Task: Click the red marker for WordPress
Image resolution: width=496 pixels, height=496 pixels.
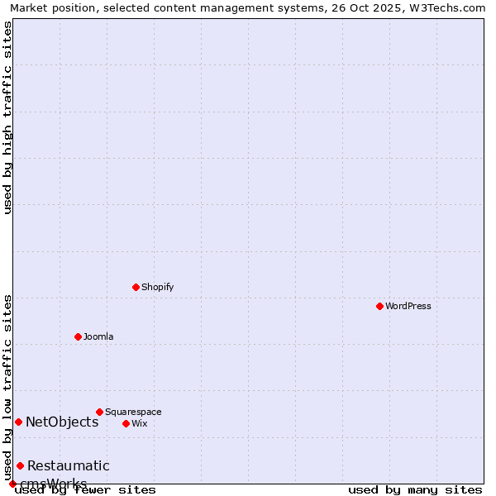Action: tap(379, 306)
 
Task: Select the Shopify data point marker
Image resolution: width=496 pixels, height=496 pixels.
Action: tap(136, 287)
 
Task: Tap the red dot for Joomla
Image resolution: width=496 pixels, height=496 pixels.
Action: tap(78, 336)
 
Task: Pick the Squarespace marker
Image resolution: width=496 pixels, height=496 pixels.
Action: tap(99, 412)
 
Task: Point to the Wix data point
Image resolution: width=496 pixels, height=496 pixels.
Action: tap(126, 423)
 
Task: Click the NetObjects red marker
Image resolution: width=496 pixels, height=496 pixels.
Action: tap(18, 422)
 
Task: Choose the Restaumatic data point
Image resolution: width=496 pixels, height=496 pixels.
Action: tap(20, 465)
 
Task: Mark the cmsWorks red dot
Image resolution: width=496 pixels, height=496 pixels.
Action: tap(12, 484)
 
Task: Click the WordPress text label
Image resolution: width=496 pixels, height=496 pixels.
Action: tap(408, 306)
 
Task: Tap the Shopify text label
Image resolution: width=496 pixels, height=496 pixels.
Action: tap(158, 287)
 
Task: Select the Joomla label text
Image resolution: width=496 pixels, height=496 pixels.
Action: tap(98, 336)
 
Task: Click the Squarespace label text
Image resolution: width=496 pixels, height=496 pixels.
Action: tap(133, 412)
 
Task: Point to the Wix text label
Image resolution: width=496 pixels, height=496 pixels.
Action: tap(140, 423)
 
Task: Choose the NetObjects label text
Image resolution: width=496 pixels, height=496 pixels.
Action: tap(62, 422)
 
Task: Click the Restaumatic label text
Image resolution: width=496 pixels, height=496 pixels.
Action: tap(69, 465)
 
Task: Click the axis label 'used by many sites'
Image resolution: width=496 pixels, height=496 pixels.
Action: tap(415, 489)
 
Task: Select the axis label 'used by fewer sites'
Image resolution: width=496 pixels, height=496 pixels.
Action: tap(85, 489)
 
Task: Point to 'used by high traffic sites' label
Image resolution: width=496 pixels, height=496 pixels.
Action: tap(7, 117)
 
